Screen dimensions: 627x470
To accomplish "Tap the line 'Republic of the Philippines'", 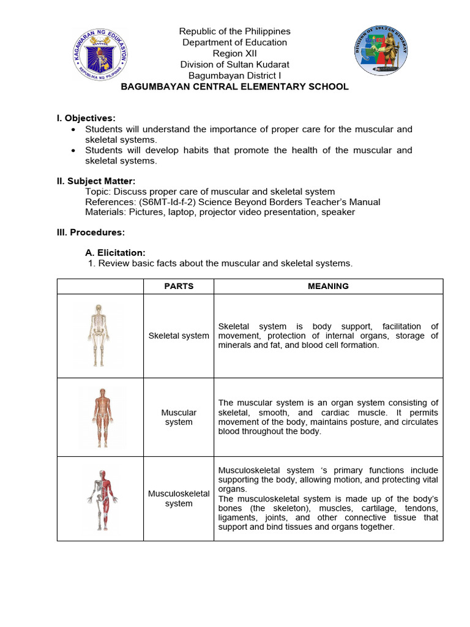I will click(234, 31).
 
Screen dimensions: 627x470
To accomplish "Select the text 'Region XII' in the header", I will click(234, 53).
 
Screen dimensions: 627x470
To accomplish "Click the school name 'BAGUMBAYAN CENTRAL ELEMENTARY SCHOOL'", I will click(234, 86).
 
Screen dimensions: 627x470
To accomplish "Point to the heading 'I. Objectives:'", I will click(86, 118).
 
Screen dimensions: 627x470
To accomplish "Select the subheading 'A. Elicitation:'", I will click(115, 252).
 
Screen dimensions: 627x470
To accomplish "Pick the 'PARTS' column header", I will click(179, 286).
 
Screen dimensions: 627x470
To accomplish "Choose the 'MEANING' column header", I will click(328, 286).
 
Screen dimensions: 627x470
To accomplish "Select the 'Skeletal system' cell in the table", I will click(179, 336).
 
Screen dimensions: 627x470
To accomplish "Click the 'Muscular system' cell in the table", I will click(179, 417).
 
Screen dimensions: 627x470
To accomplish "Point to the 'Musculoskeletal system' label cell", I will click(179, 498).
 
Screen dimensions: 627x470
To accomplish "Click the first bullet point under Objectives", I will click(74, 130).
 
